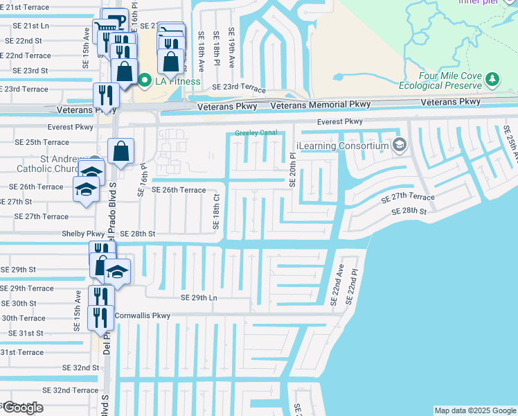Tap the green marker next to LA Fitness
click(x=145, y=81)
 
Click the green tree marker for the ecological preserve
click(x=492, y=80)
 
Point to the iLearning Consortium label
click(x=341, y=145)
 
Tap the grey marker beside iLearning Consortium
click(x=399, y=145)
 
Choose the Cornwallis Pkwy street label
click(x=142, y=315)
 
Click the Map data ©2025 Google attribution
click(x=474, y=410)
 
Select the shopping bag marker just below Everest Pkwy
click(x=120, y=152)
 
